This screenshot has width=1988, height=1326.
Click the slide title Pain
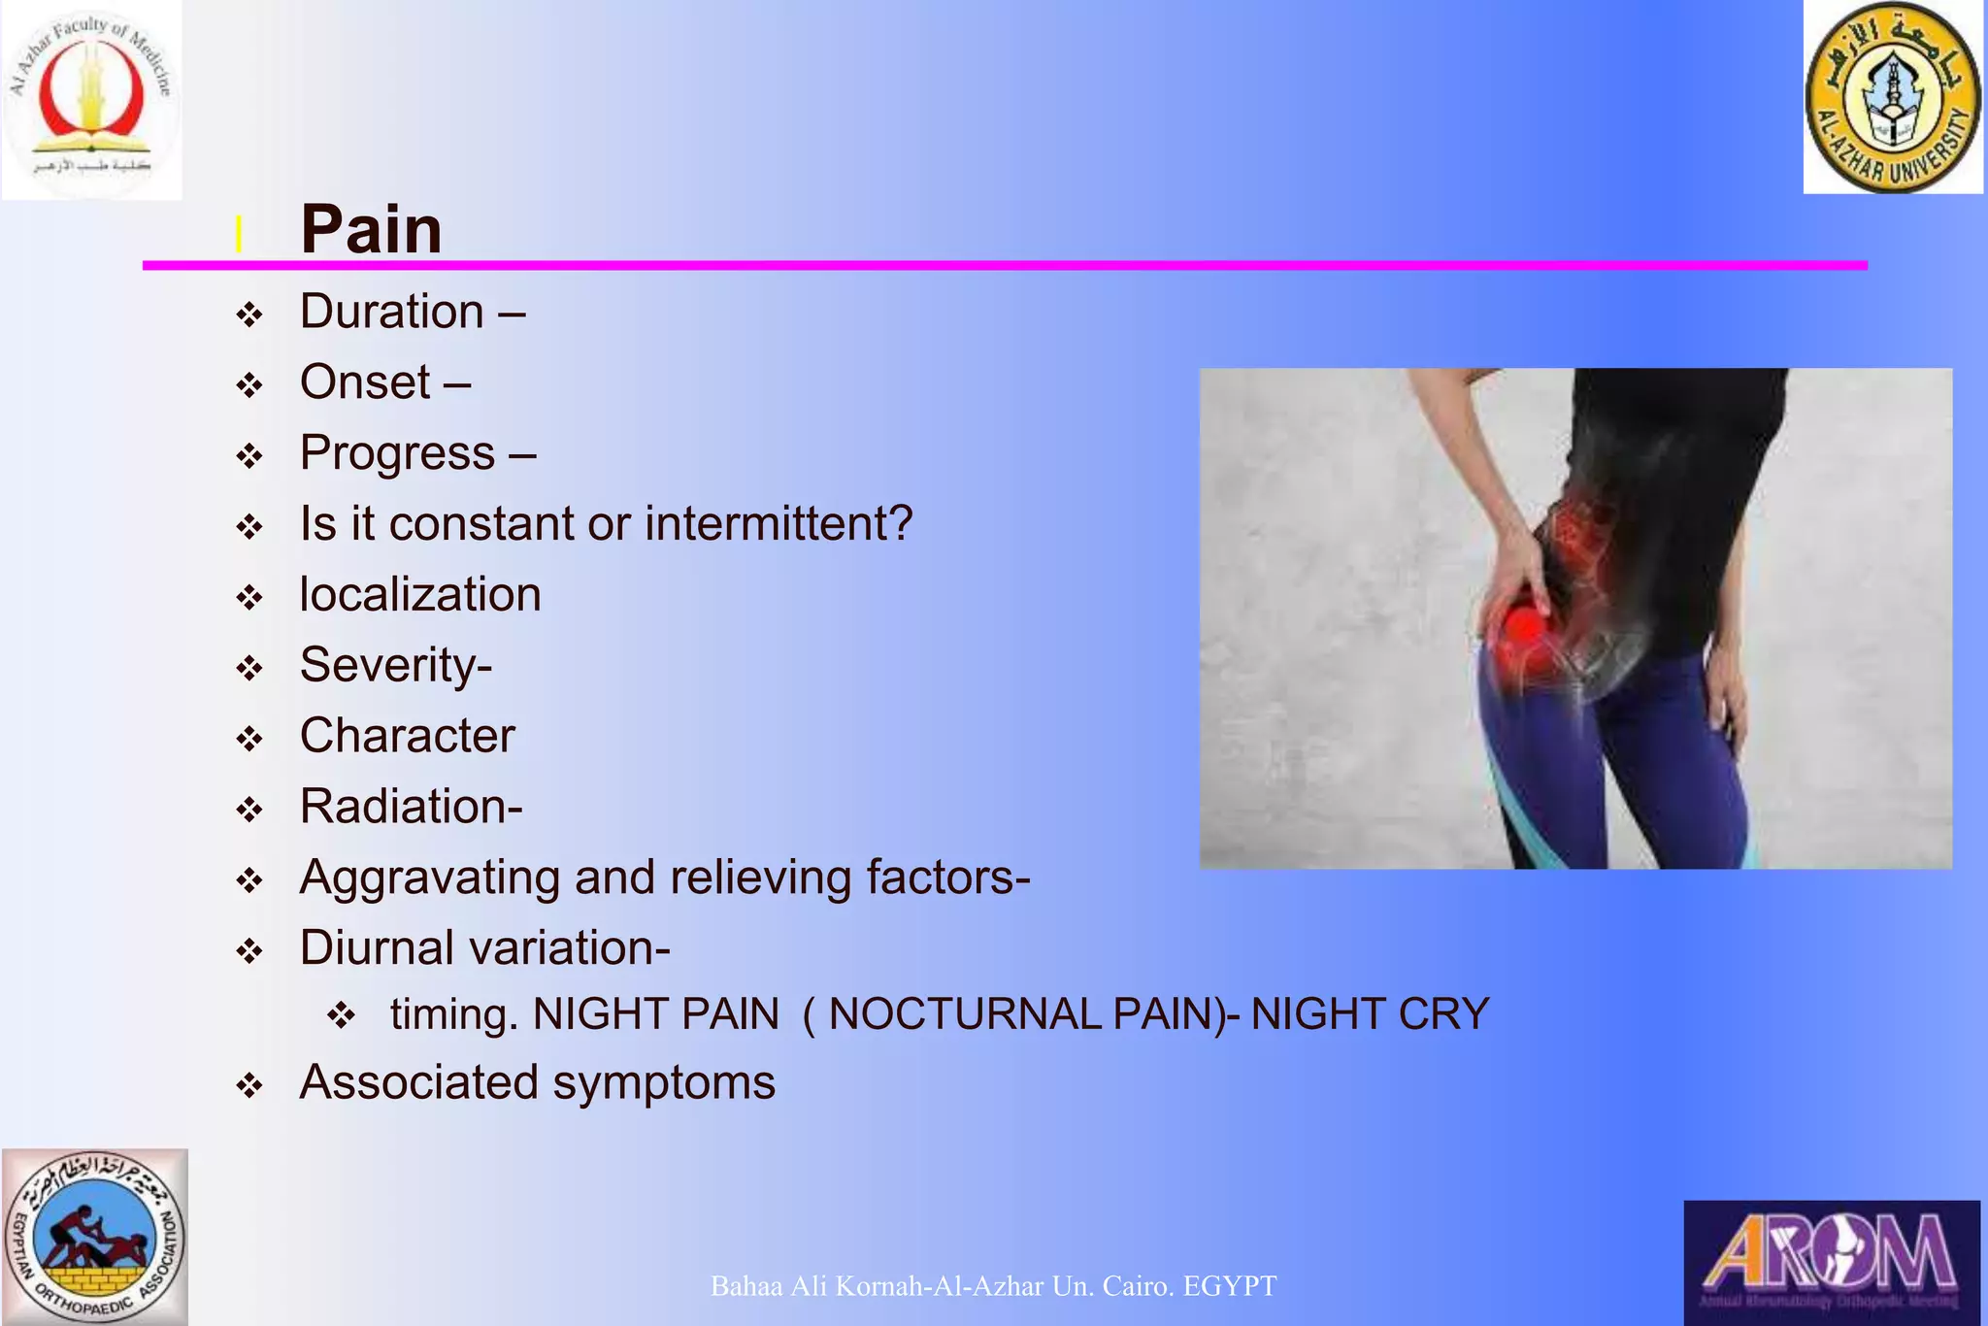pyautogui.click(x=371, y=230)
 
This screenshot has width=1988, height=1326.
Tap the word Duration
pyautogui.click(x=391, y=312)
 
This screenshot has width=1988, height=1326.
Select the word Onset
pyautogui.click(x=365, y=381)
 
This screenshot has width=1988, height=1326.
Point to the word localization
pyautogui.click(x=420, y=594)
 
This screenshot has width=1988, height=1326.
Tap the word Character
pyautogui.click(x=407, y=736)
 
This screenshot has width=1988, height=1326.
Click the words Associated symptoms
pyautogui.click(x=537, y=1082)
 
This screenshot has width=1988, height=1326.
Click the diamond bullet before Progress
pyautogui.click(x=250, y=456)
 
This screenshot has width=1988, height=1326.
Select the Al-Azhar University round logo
pyautogui.click(x=1892, y=97)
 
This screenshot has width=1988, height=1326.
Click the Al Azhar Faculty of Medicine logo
pyautogui.click(x=91, y=99)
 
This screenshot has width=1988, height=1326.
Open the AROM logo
pyautogui.click(x=1831, y=1262)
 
